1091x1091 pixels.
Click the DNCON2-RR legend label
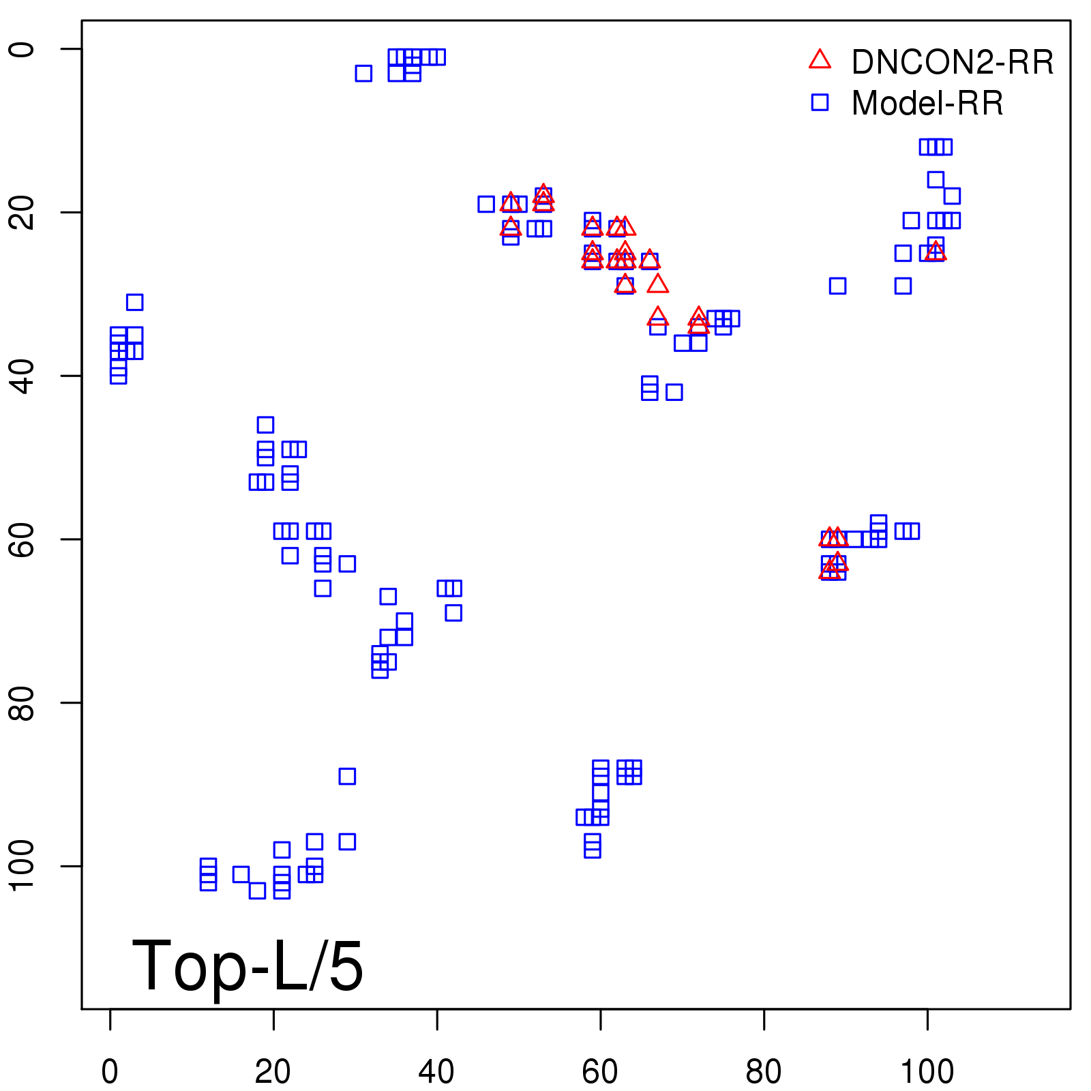pos(952,63)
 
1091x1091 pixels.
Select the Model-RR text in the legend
pos(927,104)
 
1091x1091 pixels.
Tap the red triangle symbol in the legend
pos(820,60)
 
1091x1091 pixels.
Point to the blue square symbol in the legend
pos(820,102)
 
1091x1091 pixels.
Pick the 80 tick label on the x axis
pos(764,1072)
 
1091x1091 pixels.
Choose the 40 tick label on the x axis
pos(436,1072)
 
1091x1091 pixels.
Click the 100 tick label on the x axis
pos(927,1072)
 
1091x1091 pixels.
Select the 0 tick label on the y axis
pos(22,49)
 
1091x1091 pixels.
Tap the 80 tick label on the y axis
pos(22,702)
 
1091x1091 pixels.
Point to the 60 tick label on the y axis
pos(22,539)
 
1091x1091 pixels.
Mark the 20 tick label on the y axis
pos(22,212)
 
